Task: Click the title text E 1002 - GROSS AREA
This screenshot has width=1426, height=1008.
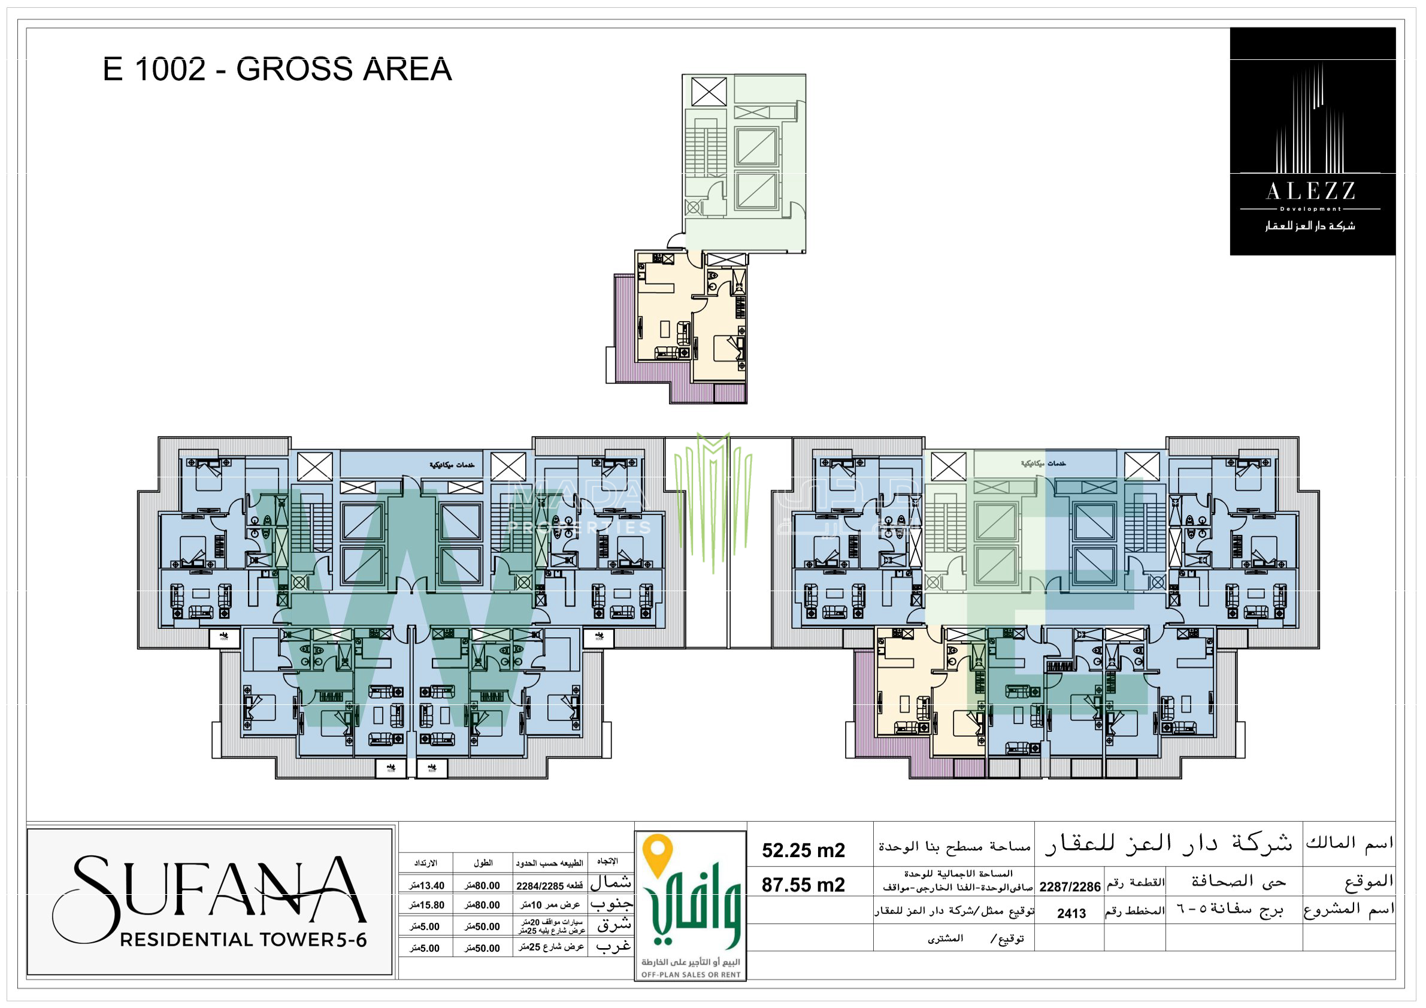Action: click(277, 69)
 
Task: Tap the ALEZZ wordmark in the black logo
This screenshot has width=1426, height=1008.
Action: click(1311, 190)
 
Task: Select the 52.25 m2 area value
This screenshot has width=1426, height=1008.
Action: click(803, 850)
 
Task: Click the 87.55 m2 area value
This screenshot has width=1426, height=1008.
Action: click(803, 885)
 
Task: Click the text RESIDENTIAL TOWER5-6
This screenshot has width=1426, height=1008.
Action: click(243, 940)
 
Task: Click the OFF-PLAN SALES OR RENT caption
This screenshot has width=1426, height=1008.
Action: click(690, 974)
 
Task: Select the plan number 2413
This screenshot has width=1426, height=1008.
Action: click(1071, 913)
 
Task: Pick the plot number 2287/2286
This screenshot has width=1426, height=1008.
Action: click(1070, 886)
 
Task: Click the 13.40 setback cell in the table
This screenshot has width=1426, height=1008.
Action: click(427, 886)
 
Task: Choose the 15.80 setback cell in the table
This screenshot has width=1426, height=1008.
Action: click(427, 906)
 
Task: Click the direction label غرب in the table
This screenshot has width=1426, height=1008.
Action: click(613, 946)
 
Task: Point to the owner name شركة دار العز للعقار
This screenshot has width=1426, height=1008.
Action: click(1168, 844)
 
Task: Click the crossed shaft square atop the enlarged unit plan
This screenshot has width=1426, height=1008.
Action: click(709, 92)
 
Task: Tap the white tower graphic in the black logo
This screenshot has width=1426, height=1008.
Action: click(1310, 121)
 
